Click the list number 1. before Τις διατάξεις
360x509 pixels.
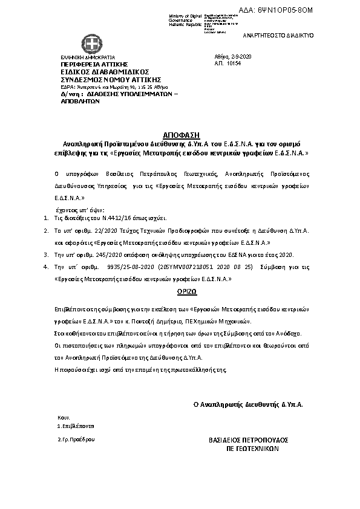(x=47, y=217)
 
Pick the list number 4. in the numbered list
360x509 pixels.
(x=47, y=266)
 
